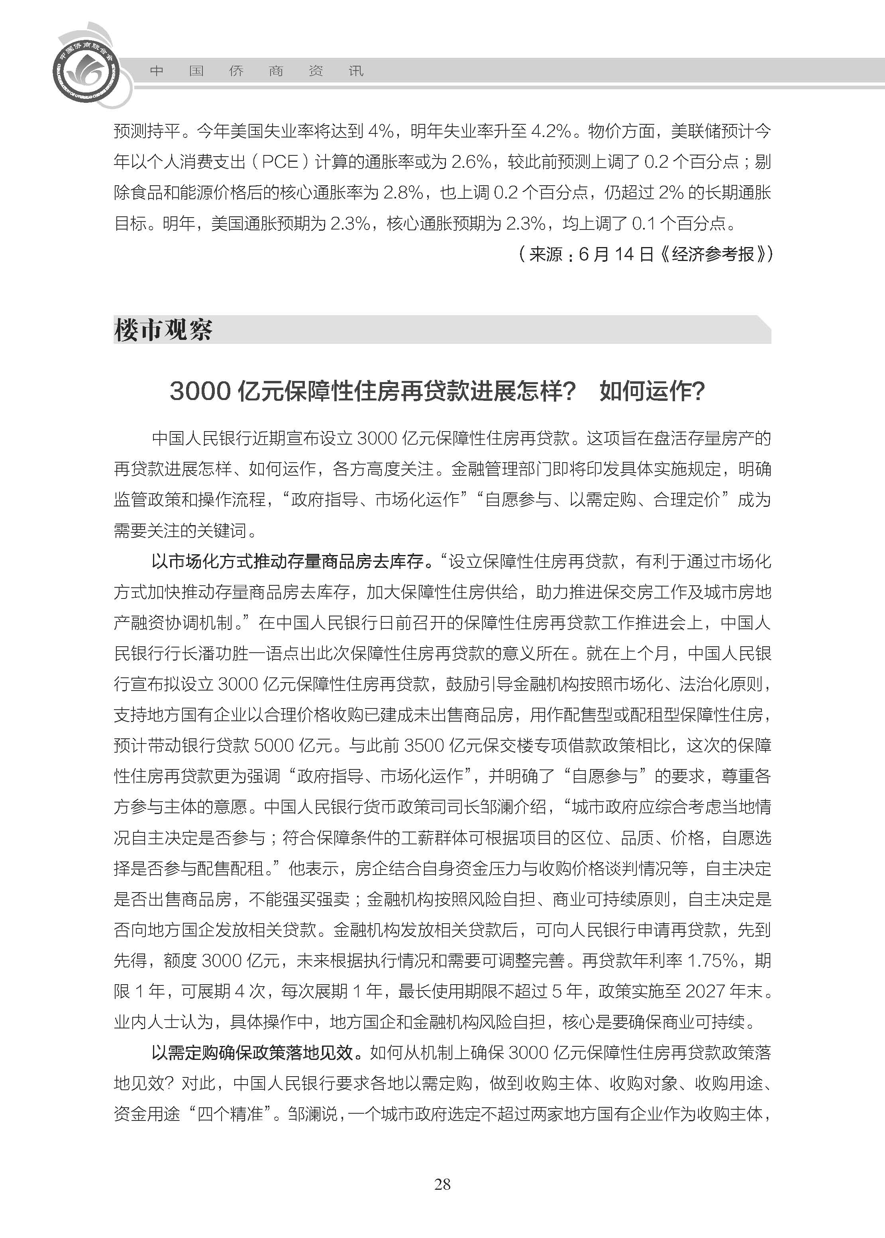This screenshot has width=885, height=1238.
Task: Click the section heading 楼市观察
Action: click(163, 330)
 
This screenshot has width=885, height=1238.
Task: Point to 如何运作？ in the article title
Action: click(652, 391)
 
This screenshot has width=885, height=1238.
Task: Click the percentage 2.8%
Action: click(403, 192)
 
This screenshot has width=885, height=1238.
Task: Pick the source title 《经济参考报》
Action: click(714, 254)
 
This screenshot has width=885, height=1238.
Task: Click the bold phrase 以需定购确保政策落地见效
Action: click(253, 1053)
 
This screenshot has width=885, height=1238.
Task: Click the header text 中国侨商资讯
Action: click(256, 71)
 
